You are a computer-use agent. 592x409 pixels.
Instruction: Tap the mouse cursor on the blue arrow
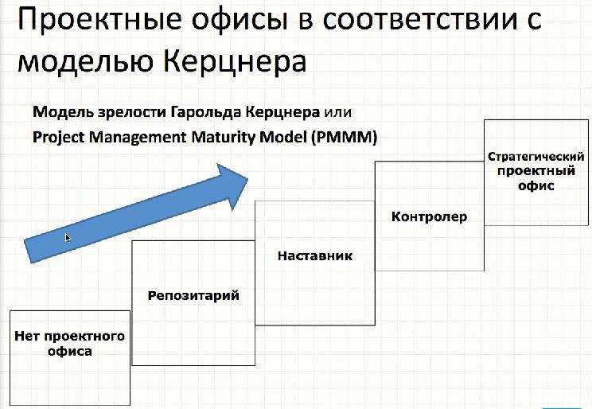pos(68,237)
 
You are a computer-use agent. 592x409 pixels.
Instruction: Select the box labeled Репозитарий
pos(193,302)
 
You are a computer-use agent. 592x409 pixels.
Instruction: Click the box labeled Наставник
pos(314,263)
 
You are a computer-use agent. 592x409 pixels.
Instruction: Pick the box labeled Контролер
pos(429,216)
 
